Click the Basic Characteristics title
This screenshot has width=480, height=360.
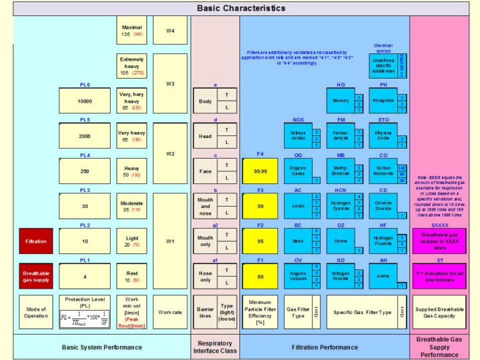[241, 8]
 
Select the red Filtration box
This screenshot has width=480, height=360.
[36, 240]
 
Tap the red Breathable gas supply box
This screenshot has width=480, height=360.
[36, 275]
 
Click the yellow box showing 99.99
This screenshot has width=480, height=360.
[260, 171]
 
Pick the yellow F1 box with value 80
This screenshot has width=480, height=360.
[260, 275]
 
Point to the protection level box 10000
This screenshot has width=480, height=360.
[85, 101]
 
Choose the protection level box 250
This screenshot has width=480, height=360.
[85, 171]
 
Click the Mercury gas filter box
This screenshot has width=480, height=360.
[341, 101]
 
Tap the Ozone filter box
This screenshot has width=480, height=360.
[341, 240]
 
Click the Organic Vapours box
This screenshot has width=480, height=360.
[298, 275]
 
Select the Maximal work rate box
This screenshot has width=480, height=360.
[132, 31]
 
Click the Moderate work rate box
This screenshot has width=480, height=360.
[132, 205]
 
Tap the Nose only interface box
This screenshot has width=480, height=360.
[205, 275]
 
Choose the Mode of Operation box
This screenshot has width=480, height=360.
[36, 312]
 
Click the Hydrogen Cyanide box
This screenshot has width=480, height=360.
[341, 205]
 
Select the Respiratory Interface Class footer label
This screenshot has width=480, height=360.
[215, 346]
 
